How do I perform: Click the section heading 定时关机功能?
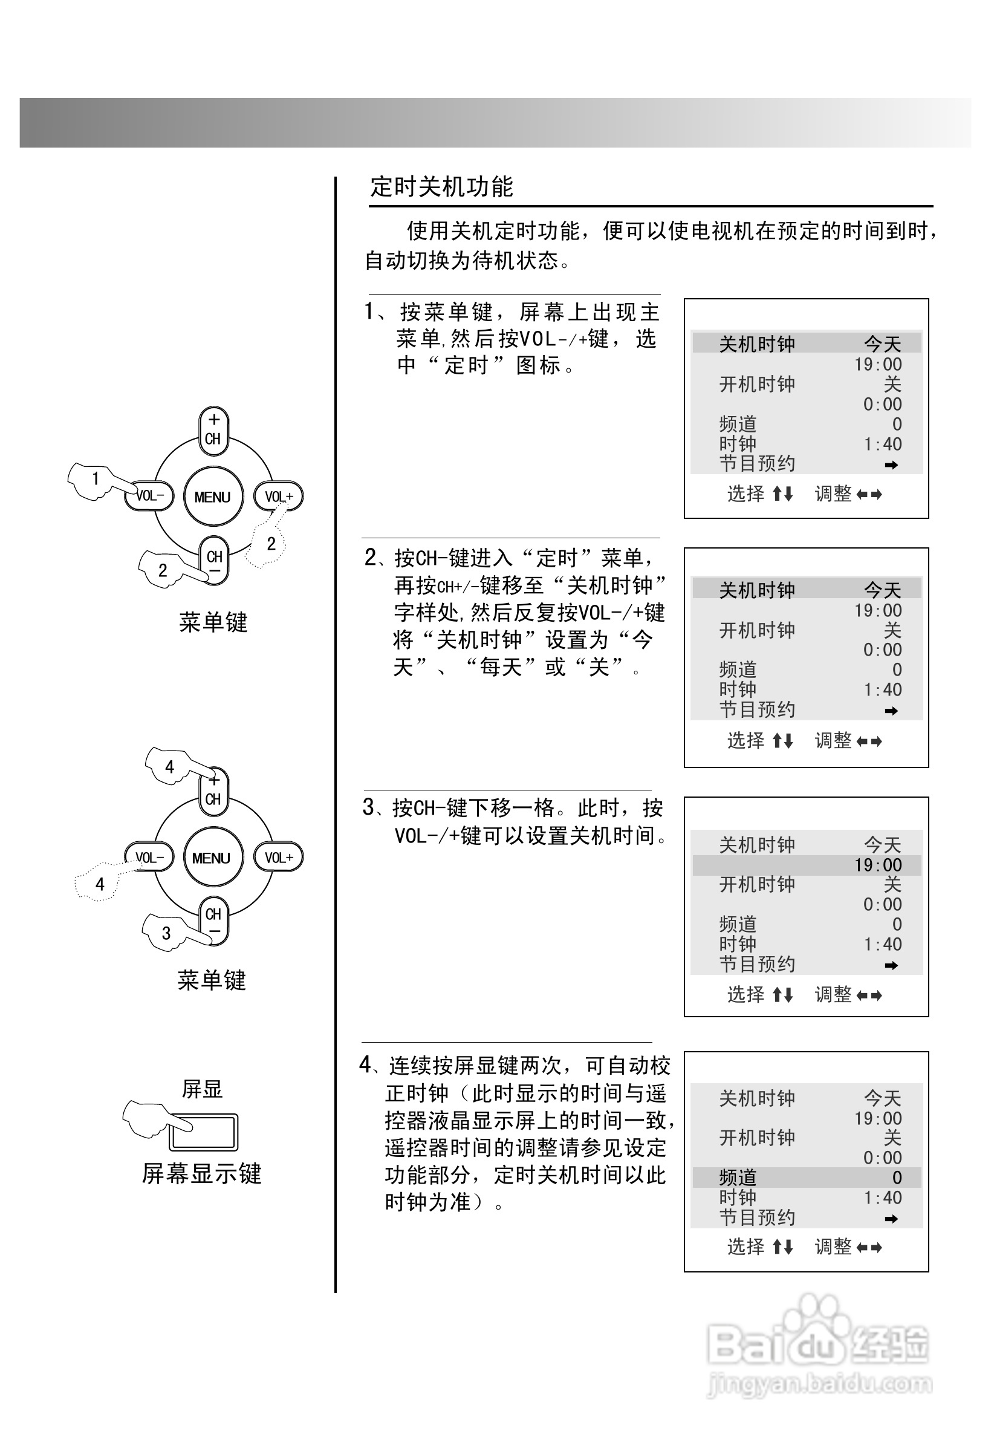pyautogui.click(x=441, y=187)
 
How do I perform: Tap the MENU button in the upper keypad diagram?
pyautogui.click(x=212, y=497)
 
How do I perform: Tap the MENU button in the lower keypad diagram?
pyautogui.click(x=211, y=858)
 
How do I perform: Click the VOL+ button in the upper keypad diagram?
pyautogui.click(x=278, y=497)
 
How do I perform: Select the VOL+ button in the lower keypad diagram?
pyautogui.click(x=278, y=858)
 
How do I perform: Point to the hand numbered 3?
pyautogui.click(x=163, y=933)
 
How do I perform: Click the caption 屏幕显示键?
pyautogui.click(x=201, y=1173)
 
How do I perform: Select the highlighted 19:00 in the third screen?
pyautogui.click(x=877, y=865)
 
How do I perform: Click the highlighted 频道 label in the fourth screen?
pyautogui.click(x=738, y=1177)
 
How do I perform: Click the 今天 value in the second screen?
pyautogui.click(x=883, y=590)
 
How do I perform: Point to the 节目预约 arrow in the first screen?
pyautogui.click(x=891, y=464)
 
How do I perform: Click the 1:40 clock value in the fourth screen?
pyautogui.click(x=883, y=1197)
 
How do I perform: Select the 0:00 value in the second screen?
pyautogui.click(x=883, y=650)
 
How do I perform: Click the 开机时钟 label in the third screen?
pyautogui.click(x=757, y=884)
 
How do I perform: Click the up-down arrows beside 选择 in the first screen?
pyautogui.click(x=783, y=495)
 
